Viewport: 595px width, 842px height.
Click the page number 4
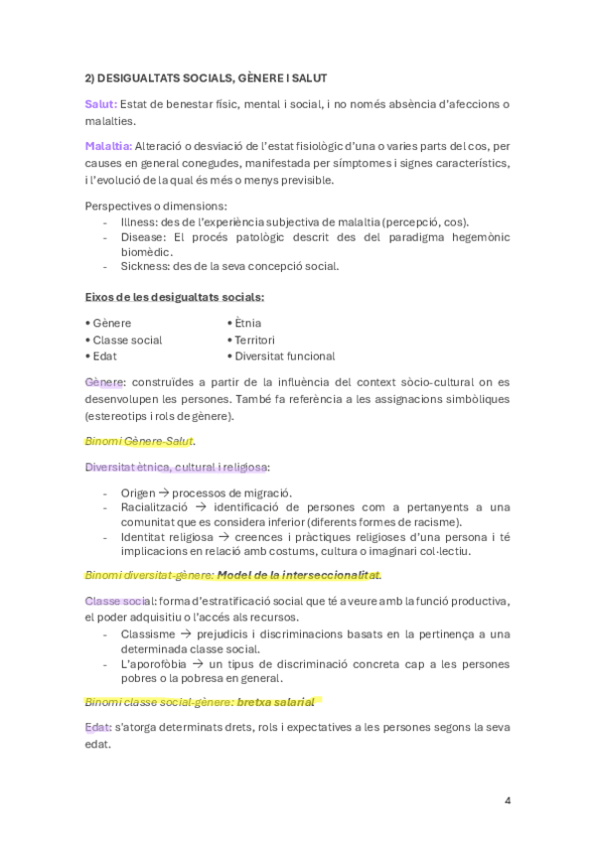507,800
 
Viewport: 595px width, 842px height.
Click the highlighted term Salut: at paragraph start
101,104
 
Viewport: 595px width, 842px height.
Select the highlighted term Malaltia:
108,146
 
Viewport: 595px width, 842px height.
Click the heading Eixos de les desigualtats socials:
175,296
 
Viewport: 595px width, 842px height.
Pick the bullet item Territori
254,340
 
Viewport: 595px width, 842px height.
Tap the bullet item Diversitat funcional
284,355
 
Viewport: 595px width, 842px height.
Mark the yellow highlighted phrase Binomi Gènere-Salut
140,440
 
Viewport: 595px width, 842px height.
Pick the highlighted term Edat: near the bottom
98,727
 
